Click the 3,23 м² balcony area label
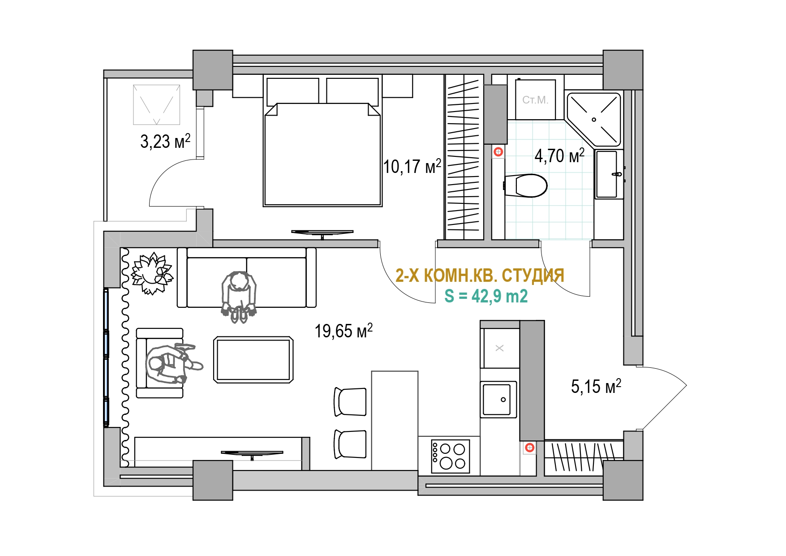[165, 141]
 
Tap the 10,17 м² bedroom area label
[412, 166]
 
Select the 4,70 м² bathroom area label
[559, 155]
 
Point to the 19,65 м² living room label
[344, 331]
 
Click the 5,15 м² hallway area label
[596, 386]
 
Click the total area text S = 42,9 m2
[486, 296]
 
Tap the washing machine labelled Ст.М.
[535, 99]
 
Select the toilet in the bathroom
[526, 185]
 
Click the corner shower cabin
[594, 119]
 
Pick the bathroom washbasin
[609, 174]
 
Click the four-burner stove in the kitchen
[451, 457]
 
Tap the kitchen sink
[498, 399]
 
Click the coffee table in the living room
[253, 360]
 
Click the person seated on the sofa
[239, 296]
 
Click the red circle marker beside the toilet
[498, 152]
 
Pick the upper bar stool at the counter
[350, 402]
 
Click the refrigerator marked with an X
[500, 348]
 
